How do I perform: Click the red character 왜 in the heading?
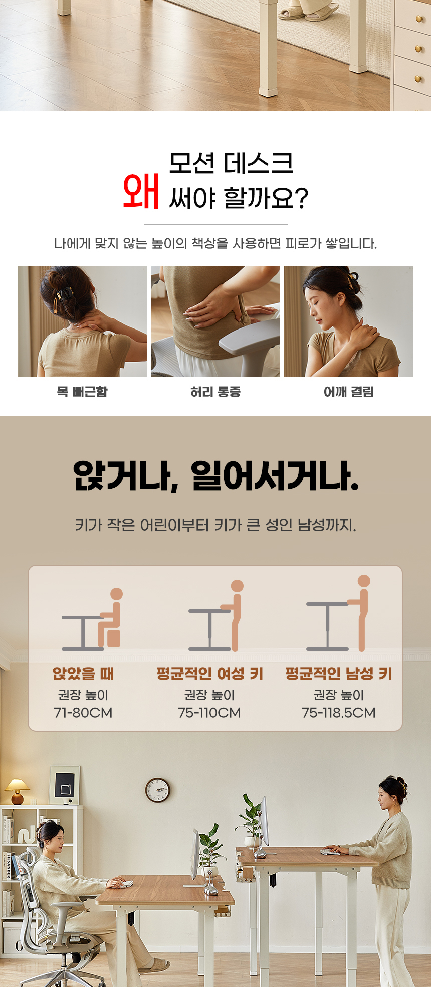(x=141, y=191)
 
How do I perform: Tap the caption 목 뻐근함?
(x=82, y=392)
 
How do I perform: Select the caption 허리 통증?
(x=215, y=392)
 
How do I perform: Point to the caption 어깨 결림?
(x=349, y=392)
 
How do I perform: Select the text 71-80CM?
(x=83, y=712)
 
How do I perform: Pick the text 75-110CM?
(x=209, y=712)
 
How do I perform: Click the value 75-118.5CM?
(x=339, y=712)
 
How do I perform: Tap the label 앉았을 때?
(x=83, y=674)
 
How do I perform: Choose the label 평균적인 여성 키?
(x=209, y=674)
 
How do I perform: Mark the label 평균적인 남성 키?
(x=339, y=674)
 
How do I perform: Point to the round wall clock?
(x=157, y=790)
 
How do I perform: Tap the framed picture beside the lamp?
(x=64, y=785)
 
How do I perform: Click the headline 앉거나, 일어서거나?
(x=215, y=476)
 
